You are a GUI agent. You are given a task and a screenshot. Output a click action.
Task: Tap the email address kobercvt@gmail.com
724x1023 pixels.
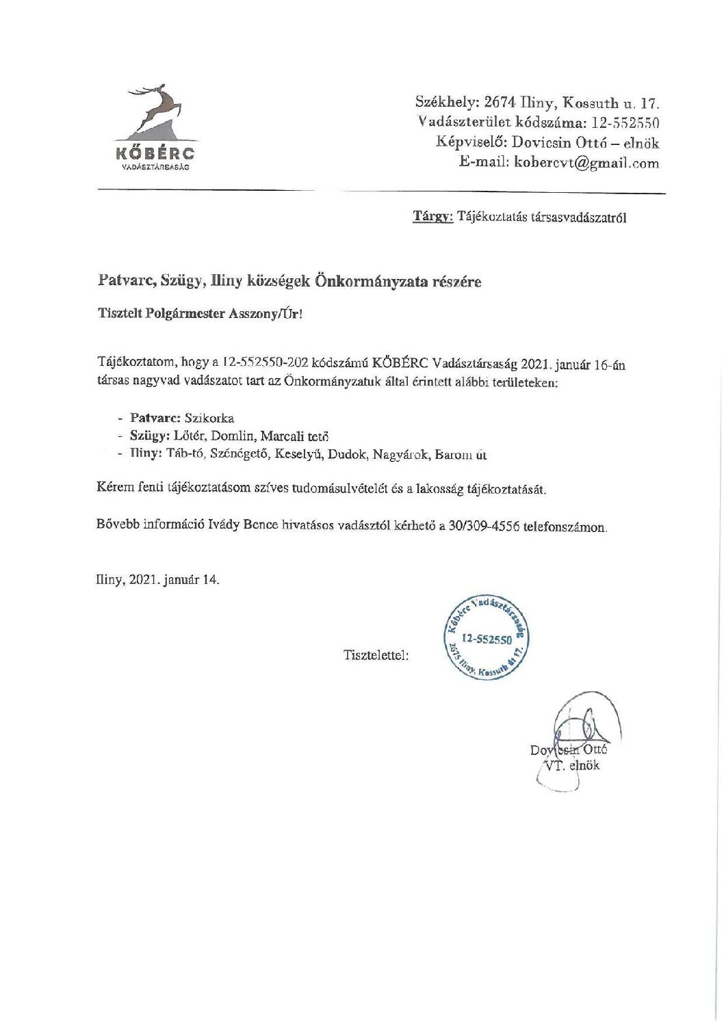[586, 163]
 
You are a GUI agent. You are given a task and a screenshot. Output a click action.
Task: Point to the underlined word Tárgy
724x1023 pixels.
[432, 217]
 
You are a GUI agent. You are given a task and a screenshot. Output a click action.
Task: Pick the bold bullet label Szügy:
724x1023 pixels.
[148, 436]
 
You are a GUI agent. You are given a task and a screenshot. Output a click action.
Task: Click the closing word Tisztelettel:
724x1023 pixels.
[376, 655]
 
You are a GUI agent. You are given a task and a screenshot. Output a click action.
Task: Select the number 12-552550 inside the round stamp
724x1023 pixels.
[487, 639]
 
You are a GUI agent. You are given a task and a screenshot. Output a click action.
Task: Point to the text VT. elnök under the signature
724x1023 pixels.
[570, 765]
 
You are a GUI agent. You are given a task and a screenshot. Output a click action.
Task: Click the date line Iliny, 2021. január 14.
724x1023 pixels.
[158, 579]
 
